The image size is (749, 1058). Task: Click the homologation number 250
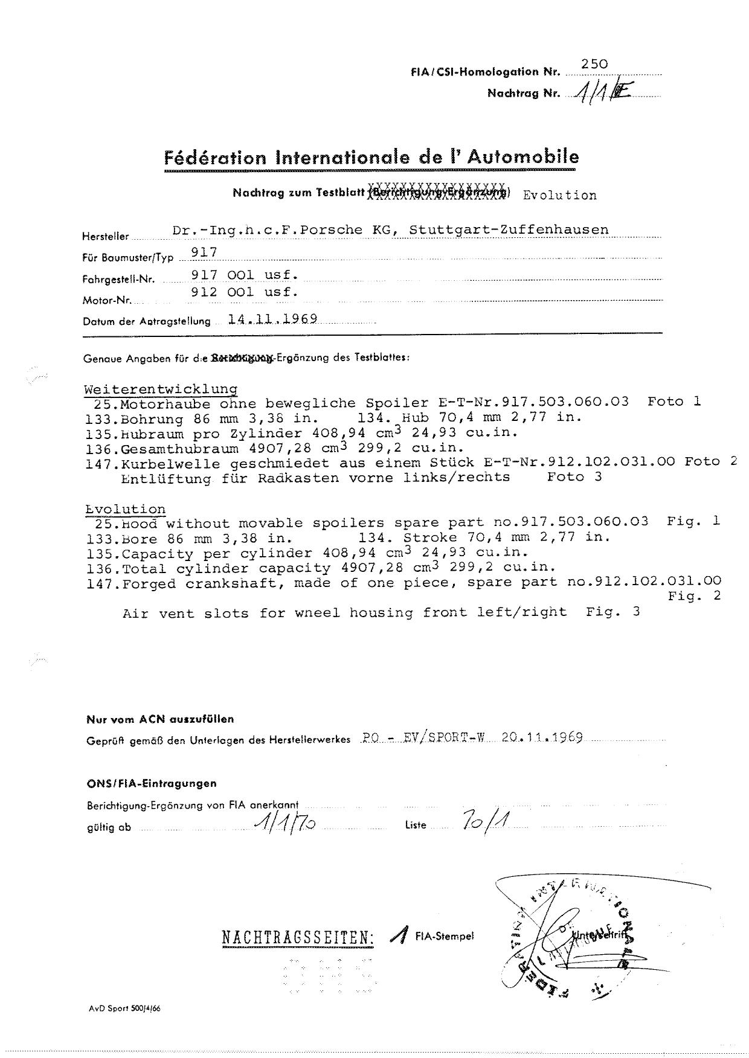pyautogui.click(x=594, y=64)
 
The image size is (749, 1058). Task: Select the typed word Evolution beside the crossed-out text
pyautogui.click(x=559, y=195)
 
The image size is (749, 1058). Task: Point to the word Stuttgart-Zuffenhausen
pyautogui.click(x=509, y=230)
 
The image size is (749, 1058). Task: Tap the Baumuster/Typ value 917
pyautogui.click(x=204, y=252)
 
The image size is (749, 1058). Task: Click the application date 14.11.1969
pyautogui.click(x=273, y=319)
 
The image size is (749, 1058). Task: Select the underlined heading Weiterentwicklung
pyautogui.click(x=160, y=389)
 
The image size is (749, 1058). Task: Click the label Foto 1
pyautogui.click(x=673, y=402)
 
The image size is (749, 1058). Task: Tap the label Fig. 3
pyautogui.click(x=612, y=612)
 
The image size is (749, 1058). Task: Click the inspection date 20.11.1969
pyautogui.click(x=542, y=738)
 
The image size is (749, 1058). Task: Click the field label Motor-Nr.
pyautogui.click(x=107, y=300)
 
